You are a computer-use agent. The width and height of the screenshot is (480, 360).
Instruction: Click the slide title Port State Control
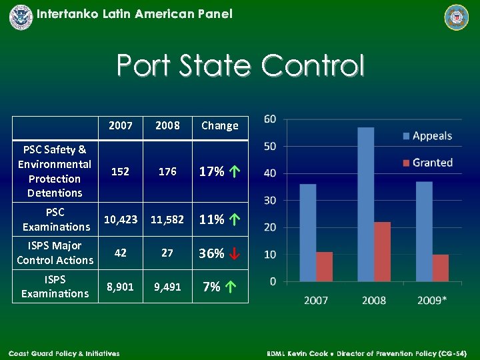tap(240, 66)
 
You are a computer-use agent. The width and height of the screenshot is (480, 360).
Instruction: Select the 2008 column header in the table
tap(167, 125)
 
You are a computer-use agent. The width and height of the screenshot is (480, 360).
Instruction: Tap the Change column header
tap(219, 125)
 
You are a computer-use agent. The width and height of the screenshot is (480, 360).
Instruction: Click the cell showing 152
tap(120, 171)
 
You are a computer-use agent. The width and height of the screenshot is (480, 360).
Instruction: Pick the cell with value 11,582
tap(167, 219)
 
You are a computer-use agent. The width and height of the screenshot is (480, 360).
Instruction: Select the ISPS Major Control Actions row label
tap(55, 253)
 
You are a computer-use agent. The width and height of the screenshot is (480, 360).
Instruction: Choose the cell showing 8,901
tap(120, 287)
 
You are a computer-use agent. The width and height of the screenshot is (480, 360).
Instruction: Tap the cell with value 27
tap(167, 253)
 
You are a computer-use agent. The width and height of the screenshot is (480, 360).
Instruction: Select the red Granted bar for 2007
tap(323, 266)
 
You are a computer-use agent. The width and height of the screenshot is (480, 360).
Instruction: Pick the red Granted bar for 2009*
tap(440, 267)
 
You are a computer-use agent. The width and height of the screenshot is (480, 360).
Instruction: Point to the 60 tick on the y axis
tap(271, 119)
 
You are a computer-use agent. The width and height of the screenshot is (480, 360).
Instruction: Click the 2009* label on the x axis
tap(431, 300)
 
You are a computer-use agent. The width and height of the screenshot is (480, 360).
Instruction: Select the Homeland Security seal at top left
tap(21, 17)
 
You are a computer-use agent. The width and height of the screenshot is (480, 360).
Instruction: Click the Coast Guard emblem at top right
tap(457, 17)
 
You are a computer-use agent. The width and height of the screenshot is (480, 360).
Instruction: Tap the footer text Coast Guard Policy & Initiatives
tap(64, 353)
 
